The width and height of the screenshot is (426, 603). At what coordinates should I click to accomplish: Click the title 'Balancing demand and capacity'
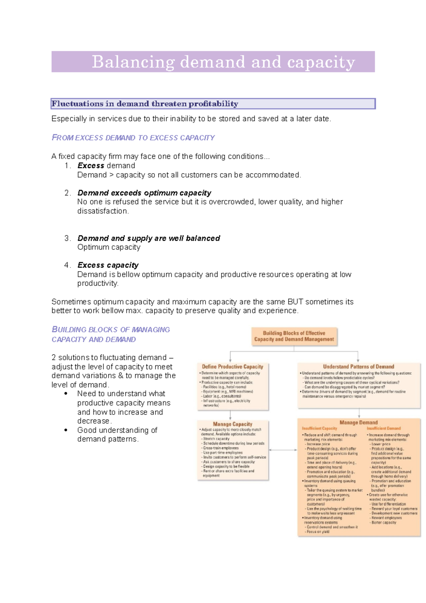click(223, 62)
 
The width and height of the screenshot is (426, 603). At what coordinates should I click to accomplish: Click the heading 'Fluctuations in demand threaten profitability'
click(145, 104)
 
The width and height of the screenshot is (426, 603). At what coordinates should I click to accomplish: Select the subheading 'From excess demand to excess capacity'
click(133, 138)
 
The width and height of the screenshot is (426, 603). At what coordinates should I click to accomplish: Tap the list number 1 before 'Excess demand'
click(68, 166)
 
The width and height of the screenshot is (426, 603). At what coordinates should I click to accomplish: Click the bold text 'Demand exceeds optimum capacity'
click(144, 193)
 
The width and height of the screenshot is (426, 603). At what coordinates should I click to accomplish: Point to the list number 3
click(68, 238)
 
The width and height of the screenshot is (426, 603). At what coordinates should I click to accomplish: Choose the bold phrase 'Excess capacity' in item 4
click(108, 265)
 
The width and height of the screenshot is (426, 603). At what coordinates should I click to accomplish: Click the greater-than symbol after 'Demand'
click(111, 175)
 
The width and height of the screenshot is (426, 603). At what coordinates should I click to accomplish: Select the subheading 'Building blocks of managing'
click(111, 330)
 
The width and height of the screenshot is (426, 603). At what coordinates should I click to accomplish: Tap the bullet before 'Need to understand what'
click(66, 394)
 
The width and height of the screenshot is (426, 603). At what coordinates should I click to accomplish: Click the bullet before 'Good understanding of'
click(66, 430)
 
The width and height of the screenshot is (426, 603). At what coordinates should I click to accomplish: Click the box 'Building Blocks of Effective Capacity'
click(294, 336)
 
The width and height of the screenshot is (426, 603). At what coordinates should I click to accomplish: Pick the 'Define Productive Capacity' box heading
click(233, 366)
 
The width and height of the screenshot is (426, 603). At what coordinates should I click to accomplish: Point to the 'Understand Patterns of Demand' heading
click(359, 366)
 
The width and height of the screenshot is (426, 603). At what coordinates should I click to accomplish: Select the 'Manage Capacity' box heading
click(233, 424)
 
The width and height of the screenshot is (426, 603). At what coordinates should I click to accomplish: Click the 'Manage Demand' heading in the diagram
click(359, 423)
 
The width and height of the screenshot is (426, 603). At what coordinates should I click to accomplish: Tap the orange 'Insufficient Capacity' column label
click(319, 429)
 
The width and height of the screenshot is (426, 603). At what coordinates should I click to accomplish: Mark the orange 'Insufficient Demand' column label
click(384, 429)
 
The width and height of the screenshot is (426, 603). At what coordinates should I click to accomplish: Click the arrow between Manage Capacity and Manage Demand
click(283, 450)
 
